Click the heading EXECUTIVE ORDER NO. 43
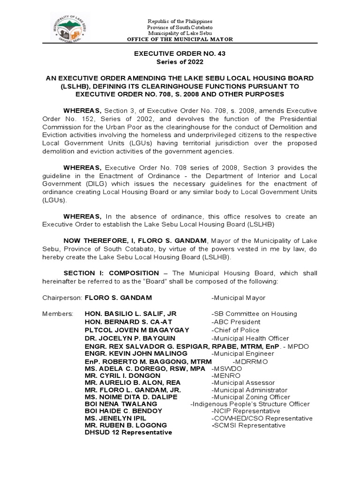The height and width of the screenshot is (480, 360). (180, 54)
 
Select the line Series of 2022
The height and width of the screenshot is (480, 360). (180, 62)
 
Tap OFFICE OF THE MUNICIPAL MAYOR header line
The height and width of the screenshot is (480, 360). (180, 39)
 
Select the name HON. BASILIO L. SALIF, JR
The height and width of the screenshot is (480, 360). (130, 314)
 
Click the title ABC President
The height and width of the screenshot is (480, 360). (236, 322)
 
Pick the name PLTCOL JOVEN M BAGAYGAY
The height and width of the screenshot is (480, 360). (137, 330)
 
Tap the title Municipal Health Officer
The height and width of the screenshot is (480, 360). (250, 338)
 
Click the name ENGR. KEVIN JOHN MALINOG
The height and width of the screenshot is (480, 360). (136, 353)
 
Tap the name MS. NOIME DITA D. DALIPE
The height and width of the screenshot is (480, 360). (131, 397)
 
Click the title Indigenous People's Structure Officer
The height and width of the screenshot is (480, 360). (250, 404)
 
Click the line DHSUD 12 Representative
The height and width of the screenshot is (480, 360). (128, 432)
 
